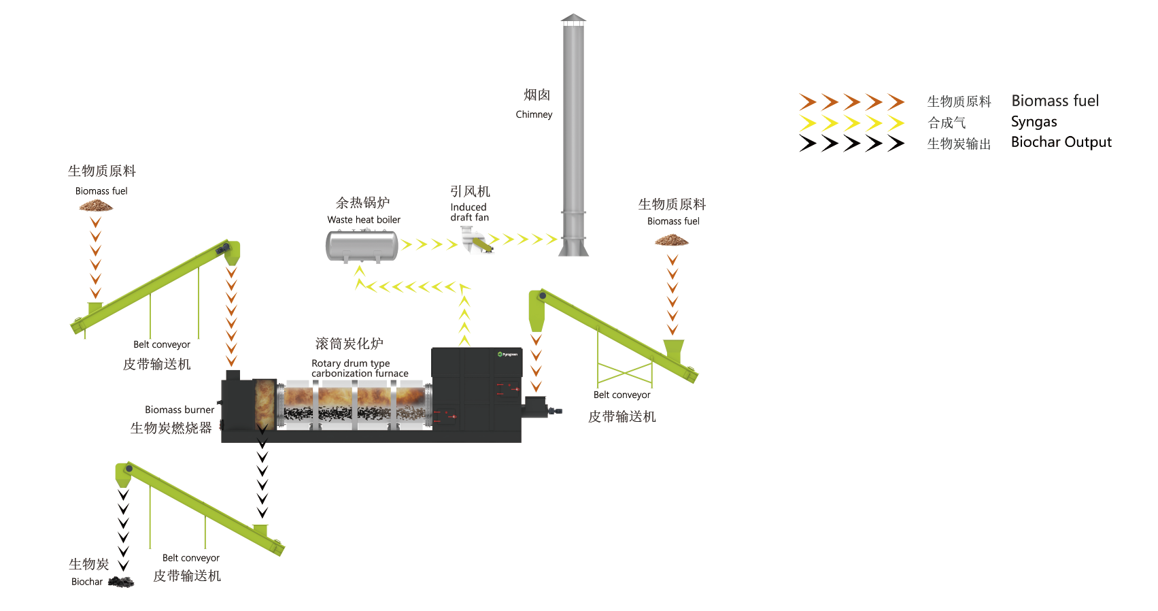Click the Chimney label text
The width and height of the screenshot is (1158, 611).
[534, 114]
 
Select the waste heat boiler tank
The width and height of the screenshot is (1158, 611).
[362, 246]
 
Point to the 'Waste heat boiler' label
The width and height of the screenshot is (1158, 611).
[364, 220]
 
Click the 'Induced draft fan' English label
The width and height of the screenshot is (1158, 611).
[469, 212]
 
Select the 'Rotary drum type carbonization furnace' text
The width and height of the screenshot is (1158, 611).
[360, 368]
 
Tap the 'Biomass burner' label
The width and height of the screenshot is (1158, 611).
[180, 410]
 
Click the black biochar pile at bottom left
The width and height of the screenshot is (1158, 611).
[121, 582]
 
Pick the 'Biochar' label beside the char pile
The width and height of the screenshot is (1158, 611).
[87, 582]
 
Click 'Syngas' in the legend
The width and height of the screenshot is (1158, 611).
[1034, 122]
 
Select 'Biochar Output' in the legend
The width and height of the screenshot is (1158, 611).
[1061, 142]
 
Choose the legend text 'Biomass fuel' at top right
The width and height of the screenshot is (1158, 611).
[1055, 101]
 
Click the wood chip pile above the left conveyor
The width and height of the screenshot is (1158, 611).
[96, 205]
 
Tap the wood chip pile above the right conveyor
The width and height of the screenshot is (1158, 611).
[672, 240]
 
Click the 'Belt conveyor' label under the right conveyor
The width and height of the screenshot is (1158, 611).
[621, 395]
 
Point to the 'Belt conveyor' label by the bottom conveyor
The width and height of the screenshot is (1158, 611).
[190, 558]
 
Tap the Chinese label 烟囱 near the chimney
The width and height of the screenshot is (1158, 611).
[537, 95]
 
